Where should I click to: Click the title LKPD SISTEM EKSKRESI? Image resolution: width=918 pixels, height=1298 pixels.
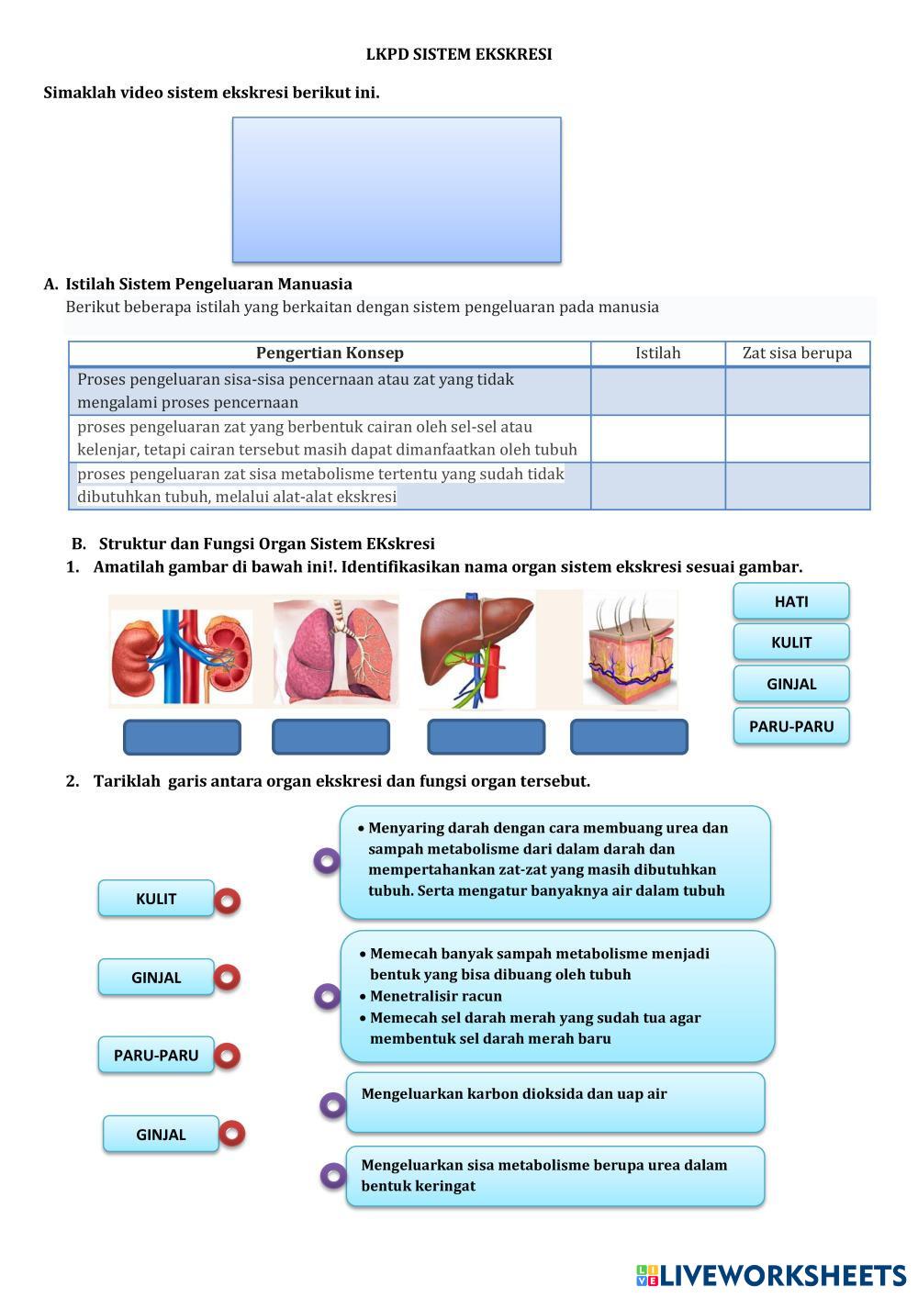tap(459, 55)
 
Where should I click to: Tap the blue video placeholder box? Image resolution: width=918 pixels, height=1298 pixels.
tap(397, 189)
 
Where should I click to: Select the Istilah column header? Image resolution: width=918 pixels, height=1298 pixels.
tap(658, 353)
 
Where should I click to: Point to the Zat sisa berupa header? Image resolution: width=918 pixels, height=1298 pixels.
tap(797, 353)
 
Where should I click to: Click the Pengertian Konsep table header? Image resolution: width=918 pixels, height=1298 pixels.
tap(330, 353)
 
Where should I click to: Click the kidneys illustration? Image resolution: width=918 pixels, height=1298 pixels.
tap(182, 652)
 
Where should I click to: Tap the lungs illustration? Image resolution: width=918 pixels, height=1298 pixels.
tap(336, 650)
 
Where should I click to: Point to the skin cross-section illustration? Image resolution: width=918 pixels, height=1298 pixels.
tap(630, 650)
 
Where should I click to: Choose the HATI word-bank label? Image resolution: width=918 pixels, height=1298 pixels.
tap(790, 601)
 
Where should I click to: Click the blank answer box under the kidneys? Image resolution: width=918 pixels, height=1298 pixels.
tap(182, 737)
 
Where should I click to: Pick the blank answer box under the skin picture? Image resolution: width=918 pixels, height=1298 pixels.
tap(629, 737)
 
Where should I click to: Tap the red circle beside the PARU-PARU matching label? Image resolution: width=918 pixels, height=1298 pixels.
tap(228, 1056)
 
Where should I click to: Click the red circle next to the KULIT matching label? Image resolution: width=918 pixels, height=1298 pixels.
tap(228, 901)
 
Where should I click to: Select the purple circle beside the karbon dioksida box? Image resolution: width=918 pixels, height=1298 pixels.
tap(332, 1104)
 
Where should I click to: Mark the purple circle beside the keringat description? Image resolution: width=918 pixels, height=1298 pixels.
tap(332, 1175)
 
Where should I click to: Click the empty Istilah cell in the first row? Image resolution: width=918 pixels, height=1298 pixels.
tap(658, 391)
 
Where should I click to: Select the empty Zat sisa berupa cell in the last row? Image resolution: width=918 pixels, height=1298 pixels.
tap(797, 486)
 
